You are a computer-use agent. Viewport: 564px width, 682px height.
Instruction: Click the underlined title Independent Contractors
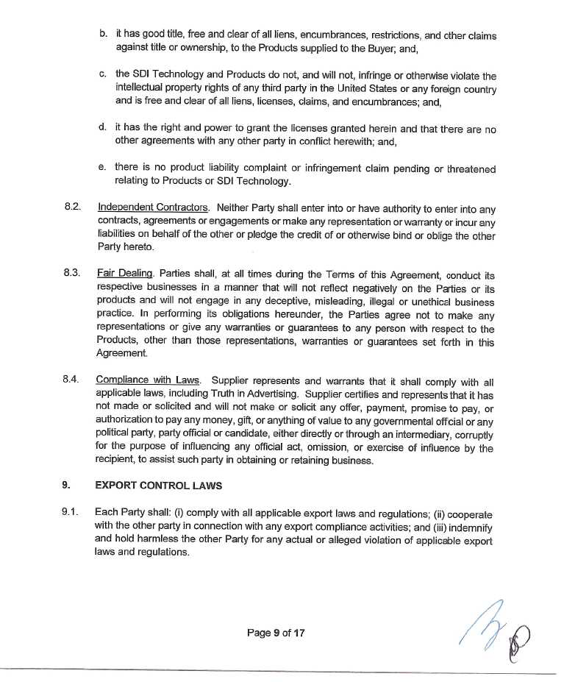tap(153, 207)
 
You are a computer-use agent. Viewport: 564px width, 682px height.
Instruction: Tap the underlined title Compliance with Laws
tap(147, 380)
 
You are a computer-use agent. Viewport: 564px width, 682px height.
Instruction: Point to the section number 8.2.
tap(71, 207)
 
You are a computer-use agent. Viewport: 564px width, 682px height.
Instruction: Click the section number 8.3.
tap(71, 272)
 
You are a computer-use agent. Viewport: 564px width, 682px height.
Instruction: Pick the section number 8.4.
tap(71, 380)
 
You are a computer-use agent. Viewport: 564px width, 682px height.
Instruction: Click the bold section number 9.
tap(66, 485)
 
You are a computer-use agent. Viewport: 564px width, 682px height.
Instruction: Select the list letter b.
tap(102, 34)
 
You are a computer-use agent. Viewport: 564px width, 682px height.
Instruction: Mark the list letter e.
tap(102, 167)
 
